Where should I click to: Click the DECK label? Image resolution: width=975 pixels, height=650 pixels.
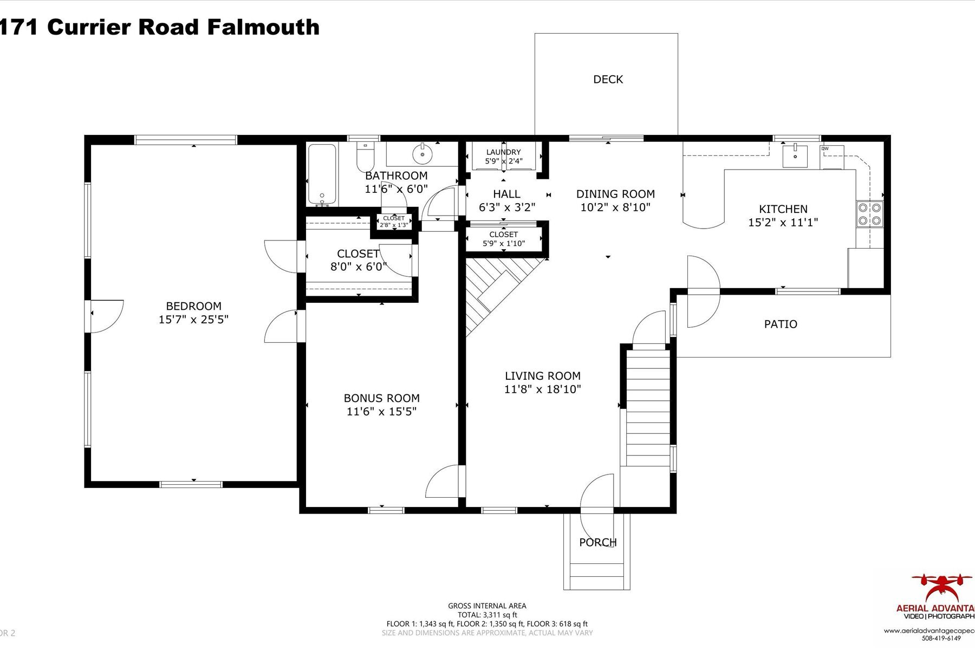[x=608, y=80]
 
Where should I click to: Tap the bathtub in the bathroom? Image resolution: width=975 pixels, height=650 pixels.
[x=322, y=174]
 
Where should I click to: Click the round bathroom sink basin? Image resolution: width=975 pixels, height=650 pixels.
[x=422, y=154]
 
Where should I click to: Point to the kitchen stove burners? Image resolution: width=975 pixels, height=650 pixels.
[x=869, y=214]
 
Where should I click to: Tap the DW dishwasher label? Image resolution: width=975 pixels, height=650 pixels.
[x=825, y=148]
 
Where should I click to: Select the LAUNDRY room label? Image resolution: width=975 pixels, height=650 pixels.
[x=503, y=152]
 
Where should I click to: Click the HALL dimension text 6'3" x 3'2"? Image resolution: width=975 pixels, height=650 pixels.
[x=507, y=207]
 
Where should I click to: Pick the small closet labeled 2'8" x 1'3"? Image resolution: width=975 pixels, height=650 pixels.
[x=394, y=222]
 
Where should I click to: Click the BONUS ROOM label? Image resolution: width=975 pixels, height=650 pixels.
[x=381, y=398]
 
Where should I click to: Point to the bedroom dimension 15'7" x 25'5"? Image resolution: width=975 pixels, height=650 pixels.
[x=193, y=320]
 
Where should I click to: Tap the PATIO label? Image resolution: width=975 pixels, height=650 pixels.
[x=781, y=324]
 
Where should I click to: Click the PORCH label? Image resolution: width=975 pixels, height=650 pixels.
[x=597, y=542]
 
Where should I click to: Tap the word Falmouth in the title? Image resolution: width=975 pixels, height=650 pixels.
[x=263, y=27]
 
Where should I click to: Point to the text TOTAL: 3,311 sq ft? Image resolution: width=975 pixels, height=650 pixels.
[x=487, y=615]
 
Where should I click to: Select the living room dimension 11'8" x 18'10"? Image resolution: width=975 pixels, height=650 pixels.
[x=542, y=389]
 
